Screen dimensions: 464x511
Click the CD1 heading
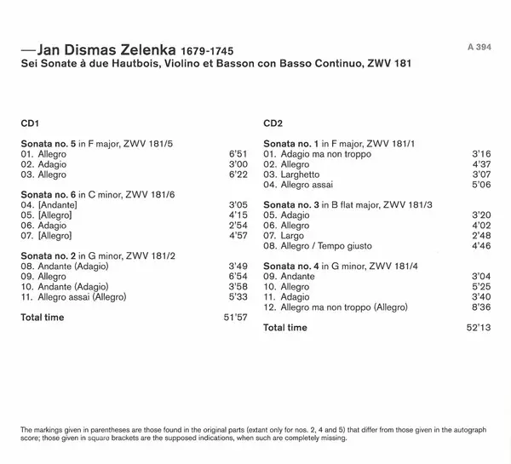pos(31,123)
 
